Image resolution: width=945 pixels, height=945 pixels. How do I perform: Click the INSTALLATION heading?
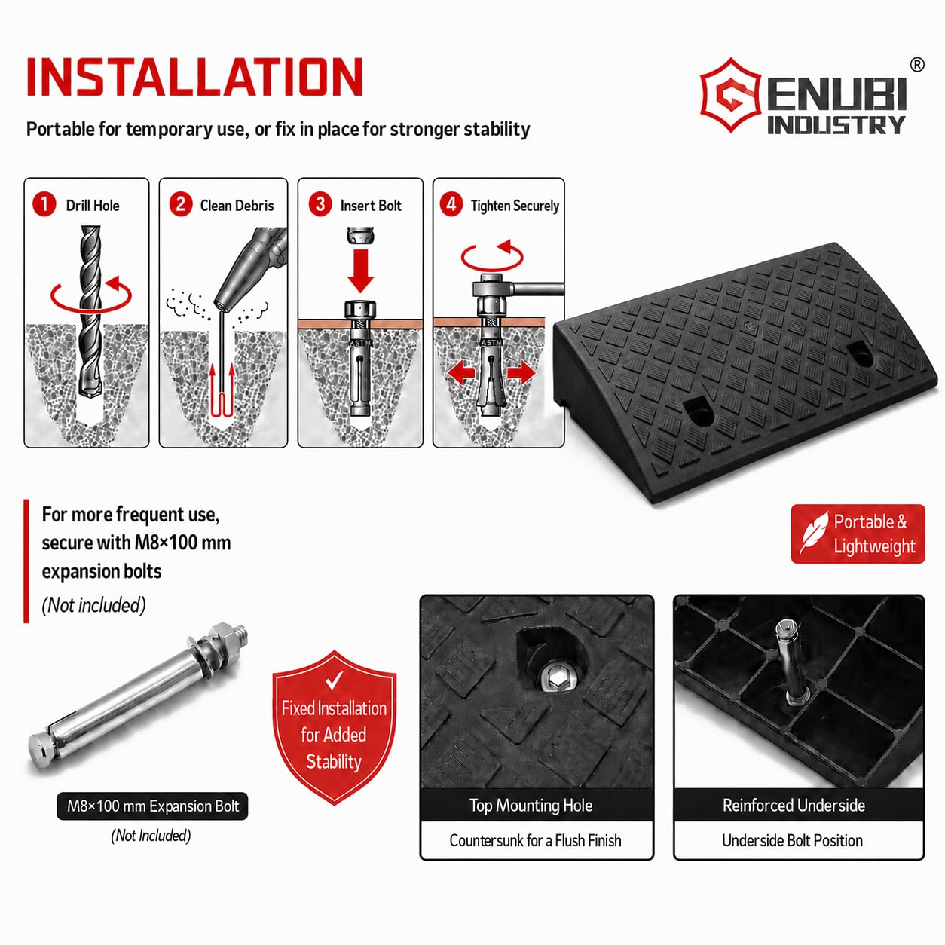click(194, 77)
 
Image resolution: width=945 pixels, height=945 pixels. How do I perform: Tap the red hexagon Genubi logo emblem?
click(731, 95)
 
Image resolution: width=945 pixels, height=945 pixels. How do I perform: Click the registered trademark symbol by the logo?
click(917, 65)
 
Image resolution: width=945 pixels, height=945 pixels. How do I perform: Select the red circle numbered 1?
click(44, 204)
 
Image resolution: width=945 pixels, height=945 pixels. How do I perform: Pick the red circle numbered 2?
click(180, 204)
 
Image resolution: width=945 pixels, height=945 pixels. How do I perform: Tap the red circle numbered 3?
click(320, 204)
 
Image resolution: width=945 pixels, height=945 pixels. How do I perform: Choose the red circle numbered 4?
click(451, 204)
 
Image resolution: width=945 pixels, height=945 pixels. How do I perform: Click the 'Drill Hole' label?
click(93, 206)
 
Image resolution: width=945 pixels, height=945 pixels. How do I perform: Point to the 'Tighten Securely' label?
click(515, 206)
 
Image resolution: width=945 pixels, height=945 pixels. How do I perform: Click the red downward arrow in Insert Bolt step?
click(360, 271)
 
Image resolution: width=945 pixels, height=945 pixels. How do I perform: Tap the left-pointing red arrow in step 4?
click(461, 374)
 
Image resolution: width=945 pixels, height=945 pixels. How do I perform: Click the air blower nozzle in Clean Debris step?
click(250, 269)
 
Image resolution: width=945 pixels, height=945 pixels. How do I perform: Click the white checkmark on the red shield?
click(334, 680)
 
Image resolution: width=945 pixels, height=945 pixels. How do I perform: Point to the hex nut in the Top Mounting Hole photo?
click(558, 679)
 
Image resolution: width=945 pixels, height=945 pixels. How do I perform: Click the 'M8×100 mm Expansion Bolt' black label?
click(152, 806)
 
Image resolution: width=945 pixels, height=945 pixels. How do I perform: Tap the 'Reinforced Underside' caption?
click(794, 805)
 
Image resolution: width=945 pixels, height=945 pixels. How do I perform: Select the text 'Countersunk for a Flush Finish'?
click(535, 840)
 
